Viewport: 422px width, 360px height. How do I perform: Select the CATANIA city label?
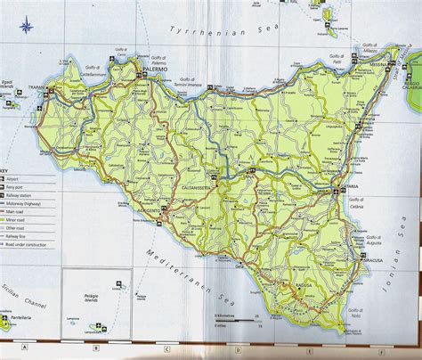[347, 185]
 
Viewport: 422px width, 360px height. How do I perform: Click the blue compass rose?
[28, 25]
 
